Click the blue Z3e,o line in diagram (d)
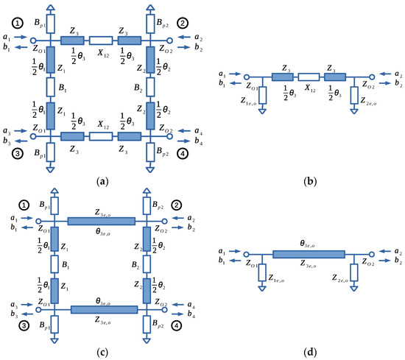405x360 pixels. (309, 255)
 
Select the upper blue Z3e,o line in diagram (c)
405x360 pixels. (101, 221)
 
